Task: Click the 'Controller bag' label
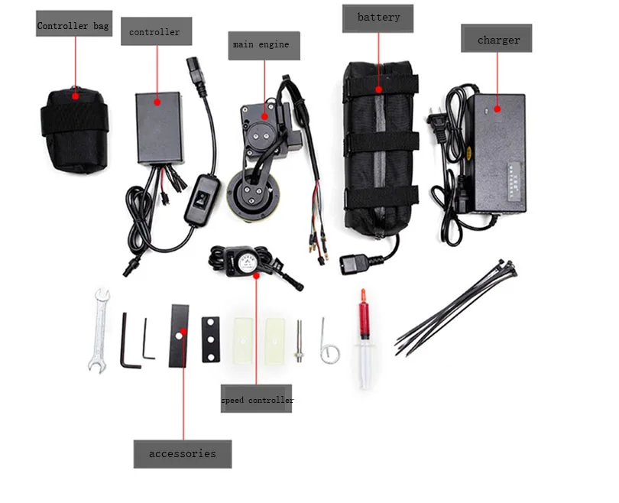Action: (73, 25)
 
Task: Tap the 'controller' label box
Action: (155, 32)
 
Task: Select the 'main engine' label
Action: (261, 45)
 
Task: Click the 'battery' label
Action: (378, 18)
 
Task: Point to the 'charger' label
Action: (497, 39)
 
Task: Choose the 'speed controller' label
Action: (257, 400)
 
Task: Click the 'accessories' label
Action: (182, 453)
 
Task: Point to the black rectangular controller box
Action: (158, 125)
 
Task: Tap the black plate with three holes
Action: (211, 339)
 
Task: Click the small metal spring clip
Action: (329, 342)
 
